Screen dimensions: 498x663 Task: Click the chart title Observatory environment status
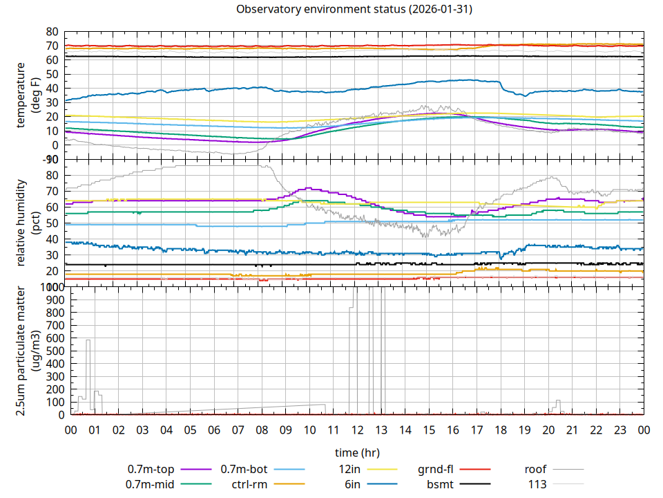pos(354,9)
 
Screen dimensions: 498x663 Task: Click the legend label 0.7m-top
pos(152,469)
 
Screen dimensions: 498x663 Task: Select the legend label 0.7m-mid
pos(152,483)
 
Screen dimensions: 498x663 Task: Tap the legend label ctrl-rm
pos(249,483)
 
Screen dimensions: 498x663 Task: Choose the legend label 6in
pos(352,483)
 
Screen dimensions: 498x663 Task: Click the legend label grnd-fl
pos(436,469)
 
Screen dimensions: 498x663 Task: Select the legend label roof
pos(535,469)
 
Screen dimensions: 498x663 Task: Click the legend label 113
pos(537,483)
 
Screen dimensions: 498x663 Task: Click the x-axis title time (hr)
pos(357,452)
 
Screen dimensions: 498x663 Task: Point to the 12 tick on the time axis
pos(357,430)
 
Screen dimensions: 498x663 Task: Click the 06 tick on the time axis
pos(214,430)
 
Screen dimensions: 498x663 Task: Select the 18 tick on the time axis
pos(500,430)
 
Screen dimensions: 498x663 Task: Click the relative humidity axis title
pos(21,223)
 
